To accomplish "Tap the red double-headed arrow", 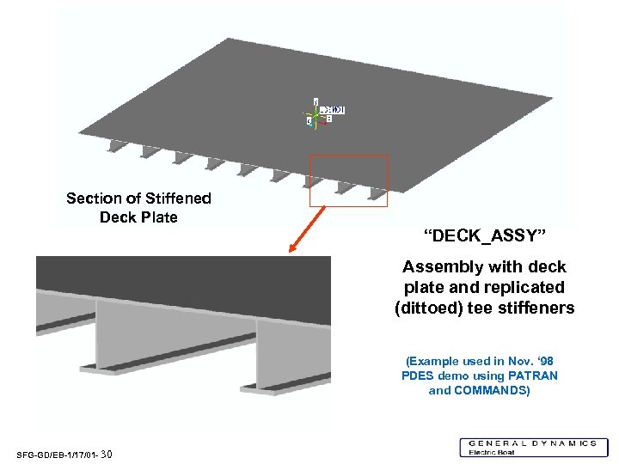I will coord(308,229).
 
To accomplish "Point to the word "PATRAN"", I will coord(530,375).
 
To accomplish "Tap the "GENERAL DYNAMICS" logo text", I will coord(533,443).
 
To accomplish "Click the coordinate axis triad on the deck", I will coord(316,115).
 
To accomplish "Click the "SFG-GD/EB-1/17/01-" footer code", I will coord(57,455).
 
